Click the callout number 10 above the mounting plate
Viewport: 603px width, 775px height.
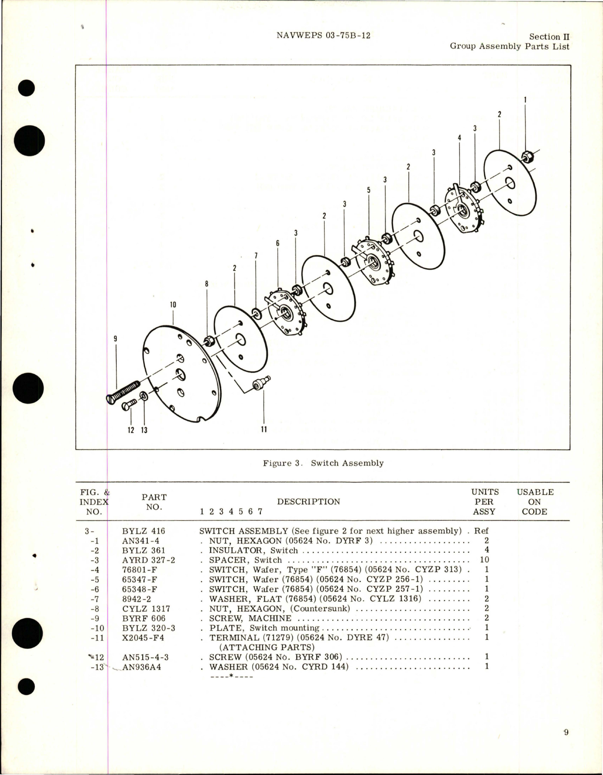[173, 305]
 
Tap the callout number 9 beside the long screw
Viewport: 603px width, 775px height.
[115, 339]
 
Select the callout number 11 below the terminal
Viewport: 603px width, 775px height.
[264, 429]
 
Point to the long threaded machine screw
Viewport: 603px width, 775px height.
[125, 391]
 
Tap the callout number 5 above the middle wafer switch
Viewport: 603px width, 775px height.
[369, 190]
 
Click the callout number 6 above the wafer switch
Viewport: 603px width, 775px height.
[278, 243]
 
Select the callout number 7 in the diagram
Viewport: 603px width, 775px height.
[256, 256]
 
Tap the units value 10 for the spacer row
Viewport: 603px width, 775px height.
[484, 560]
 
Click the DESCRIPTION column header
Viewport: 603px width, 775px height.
[308, 501]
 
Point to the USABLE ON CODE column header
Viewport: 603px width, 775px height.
[535, 501]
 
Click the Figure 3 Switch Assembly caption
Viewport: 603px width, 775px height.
[323, 463]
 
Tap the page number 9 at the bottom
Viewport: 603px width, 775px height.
[565, 732]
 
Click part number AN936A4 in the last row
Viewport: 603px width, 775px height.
[141, 667]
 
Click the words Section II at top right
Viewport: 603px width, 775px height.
[549, 37]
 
